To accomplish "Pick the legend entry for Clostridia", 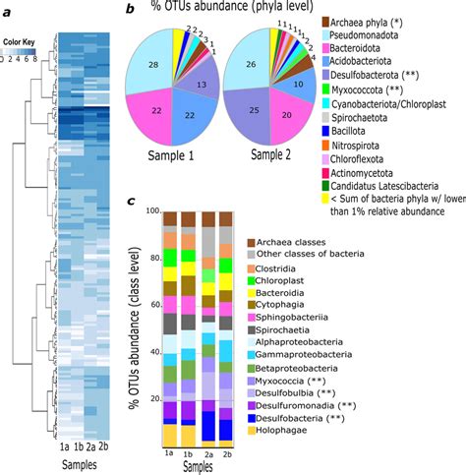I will click(371, 268).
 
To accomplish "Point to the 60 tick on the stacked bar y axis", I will click(154, 306).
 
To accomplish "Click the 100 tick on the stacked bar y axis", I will click(152, 211).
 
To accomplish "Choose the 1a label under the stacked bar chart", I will click(169, 453).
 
